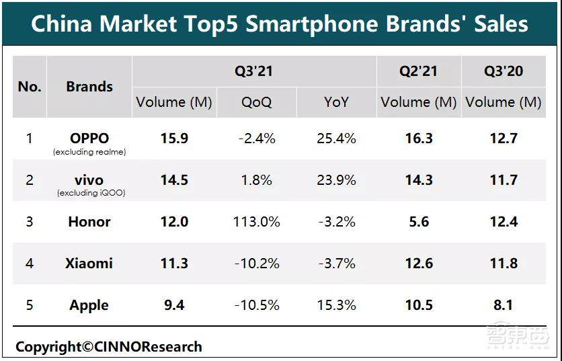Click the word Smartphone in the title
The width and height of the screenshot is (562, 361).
coord(304,24)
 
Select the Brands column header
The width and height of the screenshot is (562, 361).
coord(89,87)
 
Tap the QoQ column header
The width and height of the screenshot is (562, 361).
coord(256,103)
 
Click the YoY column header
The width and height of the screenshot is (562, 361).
coord(336,103)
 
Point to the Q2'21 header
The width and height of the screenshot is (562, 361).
coord(419,71)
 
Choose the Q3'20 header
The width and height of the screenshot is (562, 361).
coord(504,71)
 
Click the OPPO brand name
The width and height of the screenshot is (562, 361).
coord(89,138)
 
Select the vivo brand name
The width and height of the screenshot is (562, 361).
coord(89,180)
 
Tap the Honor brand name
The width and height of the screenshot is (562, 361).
coord(89,222)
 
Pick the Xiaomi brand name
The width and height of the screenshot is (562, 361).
coord(89,264)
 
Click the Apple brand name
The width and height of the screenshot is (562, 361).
coord(89,305)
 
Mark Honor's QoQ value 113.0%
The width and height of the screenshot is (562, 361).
coord(256,222)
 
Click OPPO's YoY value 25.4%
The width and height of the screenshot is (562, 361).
coord(336,139)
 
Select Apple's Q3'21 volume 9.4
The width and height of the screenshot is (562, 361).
coord(175,305)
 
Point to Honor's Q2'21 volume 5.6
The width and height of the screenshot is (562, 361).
coord(419,222)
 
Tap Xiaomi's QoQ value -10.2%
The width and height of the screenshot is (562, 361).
coord(256,264)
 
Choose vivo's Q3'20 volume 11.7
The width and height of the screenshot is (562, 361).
coord(504,180)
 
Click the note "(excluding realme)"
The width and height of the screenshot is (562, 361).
coord(89,153)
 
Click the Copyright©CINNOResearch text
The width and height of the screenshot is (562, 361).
coord(109,347)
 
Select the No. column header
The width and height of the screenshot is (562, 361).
coord(30,87)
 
